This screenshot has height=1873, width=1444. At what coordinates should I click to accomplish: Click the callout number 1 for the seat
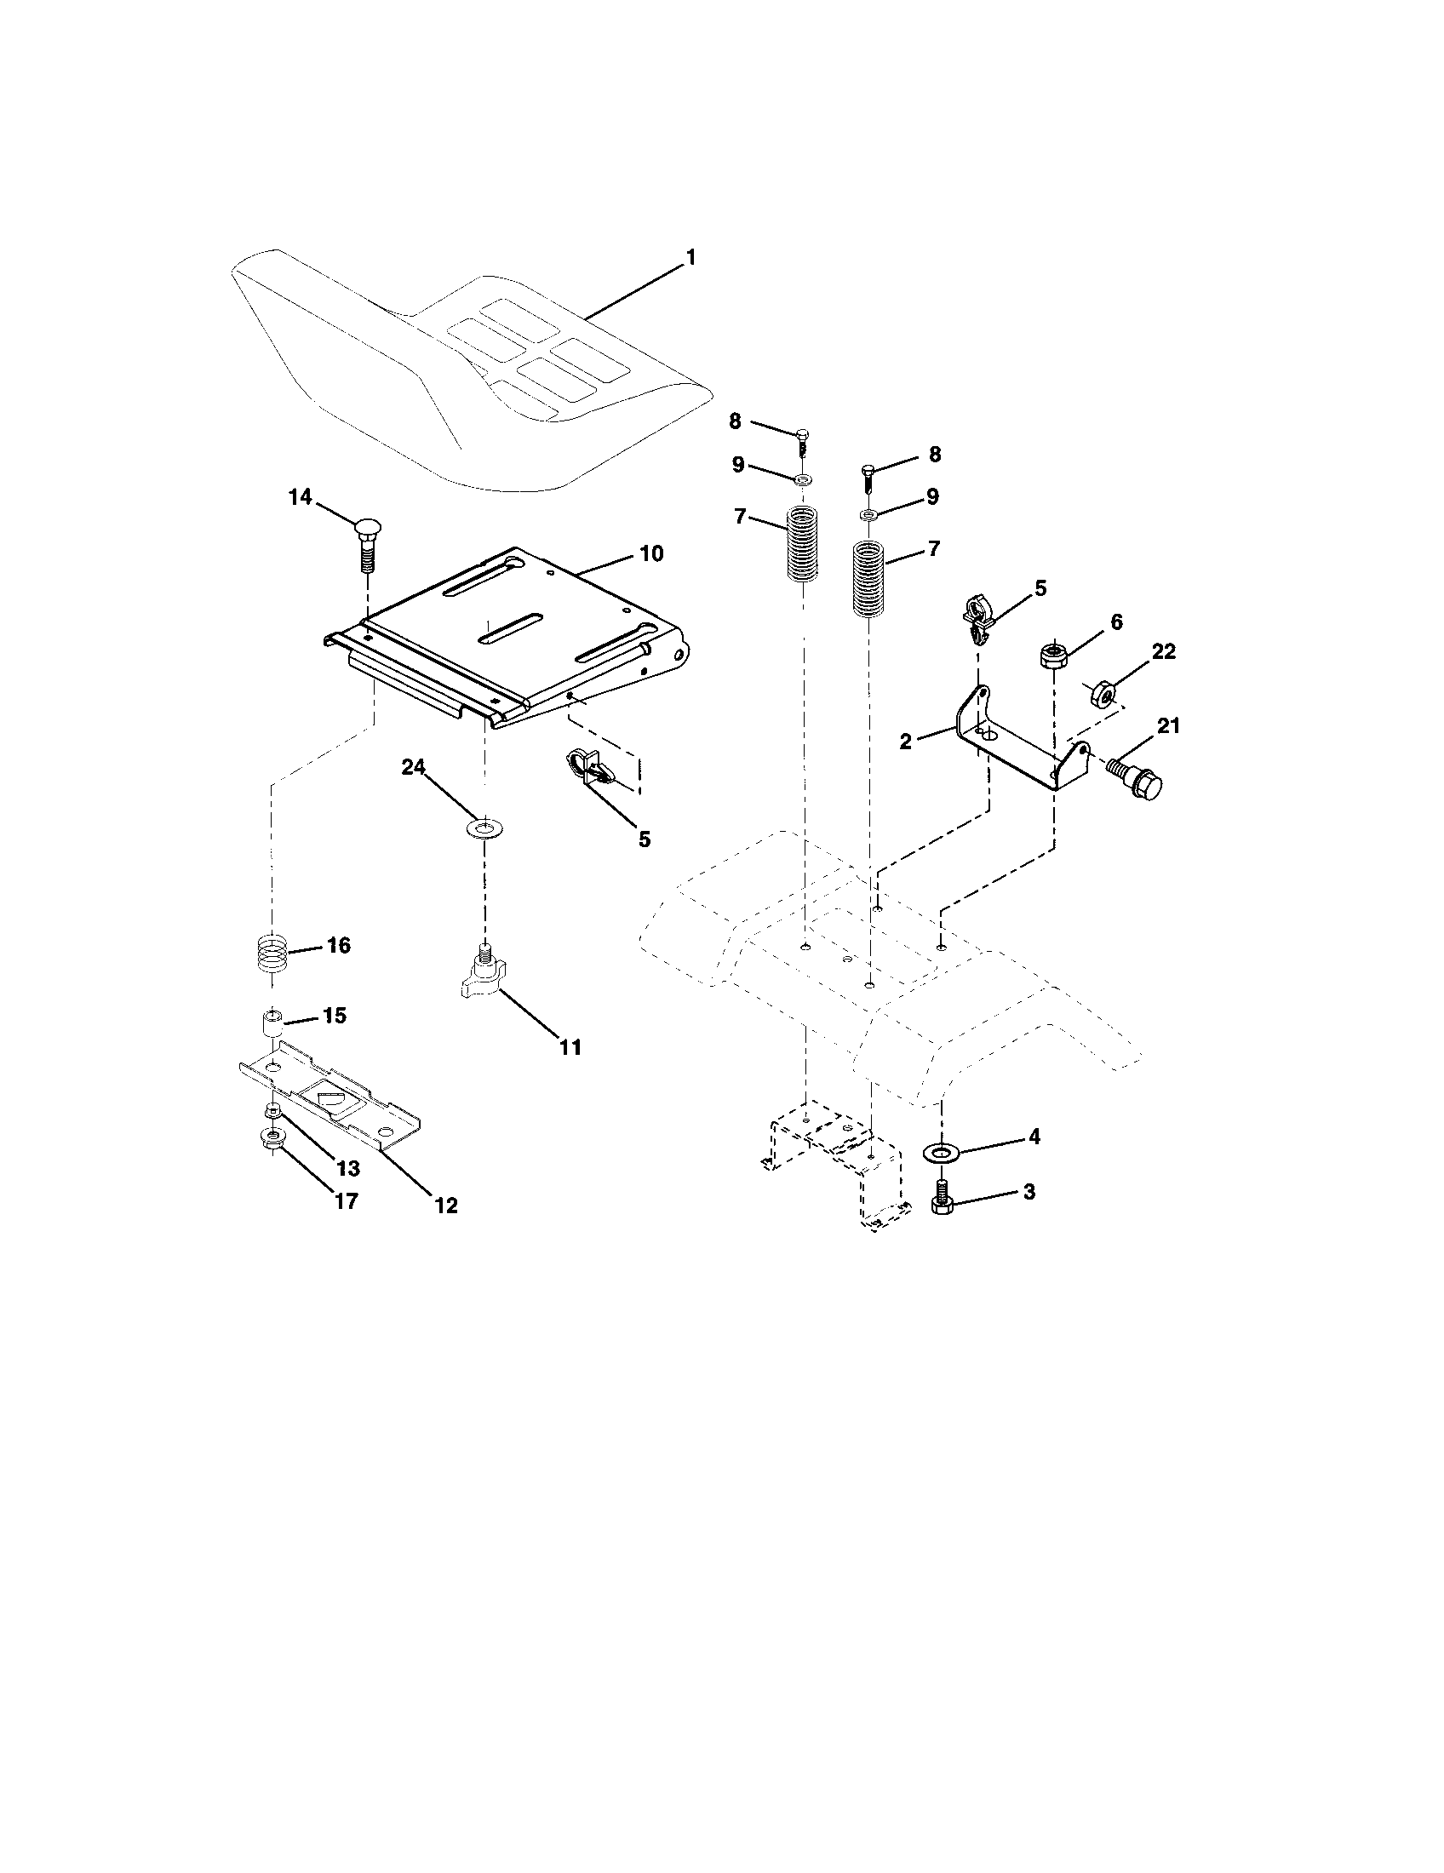pyautogui.click(x=690, y=257)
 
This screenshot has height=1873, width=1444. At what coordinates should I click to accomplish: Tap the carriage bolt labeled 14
pyautogui.click(x=366, y=541)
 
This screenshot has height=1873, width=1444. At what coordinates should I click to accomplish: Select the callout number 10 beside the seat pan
pyautogui.click(x=651, y=554)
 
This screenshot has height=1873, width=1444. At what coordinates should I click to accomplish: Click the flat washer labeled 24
pyautogui.click(x=484, y=828)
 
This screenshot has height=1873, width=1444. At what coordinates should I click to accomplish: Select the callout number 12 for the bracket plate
pyautogui.click(x=446, y=1205)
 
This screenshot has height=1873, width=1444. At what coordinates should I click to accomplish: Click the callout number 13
pyautogui.click(x=347, y=1168)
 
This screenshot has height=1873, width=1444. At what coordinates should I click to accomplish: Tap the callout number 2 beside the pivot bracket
pyautogui.click(x=906, y=742)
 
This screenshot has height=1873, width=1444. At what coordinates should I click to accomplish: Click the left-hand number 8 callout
pyautogui.click(x=735, y=421)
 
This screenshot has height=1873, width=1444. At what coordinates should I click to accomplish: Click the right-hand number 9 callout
pyautogui.click(x=932, y=496)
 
